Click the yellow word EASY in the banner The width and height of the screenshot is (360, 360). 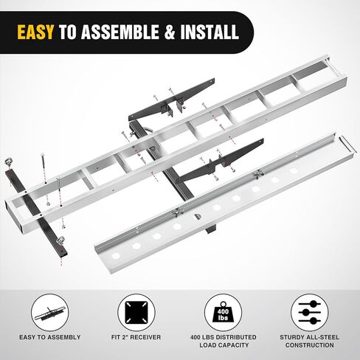[35, 32]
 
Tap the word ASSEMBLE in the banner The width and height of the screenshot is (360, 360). [120, 32]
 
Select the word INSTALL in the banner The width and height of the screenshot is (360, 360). [210, 32]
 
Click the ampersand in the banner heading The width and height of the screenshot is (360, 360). [170, 32]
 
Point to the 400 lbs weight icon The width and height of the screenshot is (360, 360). [223, 313]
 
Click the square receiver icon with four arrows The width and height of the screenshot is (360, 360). [136, 313]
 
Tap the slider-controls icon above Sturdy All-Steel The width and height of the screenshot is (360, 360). [310, 313]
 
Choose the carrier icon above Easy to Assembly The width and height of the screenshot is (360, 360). [50, 314]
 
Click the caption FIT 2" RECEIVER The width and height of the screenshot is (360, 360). [136, 337]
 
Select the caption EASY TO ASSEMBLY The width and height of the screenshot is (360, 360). [50, 337]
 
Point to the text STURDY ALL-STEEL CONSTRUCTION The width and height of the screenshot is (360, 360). [309, 341]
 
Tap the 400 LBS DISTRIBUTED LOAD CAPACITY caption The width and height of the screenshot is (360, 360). [224, 341]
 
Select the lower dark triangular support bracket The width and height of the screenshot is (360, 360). [220, 160]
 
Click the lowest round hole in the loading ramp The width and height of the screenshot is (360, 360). [116, 256]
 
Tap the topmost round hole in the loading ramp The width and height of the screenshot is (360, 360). [293, 170]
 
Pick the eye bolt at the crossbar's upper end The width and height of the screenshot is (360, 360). [7, 162]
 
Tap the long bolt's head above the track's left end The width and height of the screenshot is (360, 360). [42, 155]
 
